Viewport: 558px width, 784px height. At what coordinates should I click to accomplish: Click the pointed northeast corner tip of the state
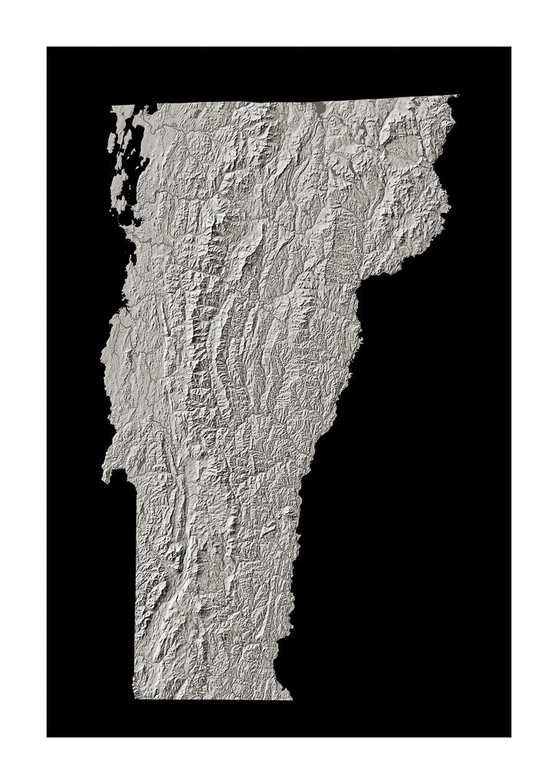(x=457, y=96)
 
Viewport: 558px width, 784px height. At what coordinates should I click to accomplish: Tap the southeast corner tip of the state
(x=291, y=698)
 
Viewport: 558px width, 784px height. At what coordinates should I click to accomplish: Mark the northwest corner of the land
(x=113, y=106)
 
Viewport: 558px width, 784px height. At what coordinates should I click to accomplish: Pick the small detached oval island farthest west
(x=110, y=142)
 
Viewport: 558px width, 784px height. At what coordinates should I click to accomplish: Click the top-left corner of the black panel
(x=48, y=47)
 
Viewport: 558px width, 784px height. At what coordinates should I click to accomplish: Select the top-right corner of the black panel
(x=510, y=47)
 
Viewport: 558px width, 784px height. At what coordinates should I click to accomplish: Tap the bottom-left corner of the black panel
(x=48, y=737)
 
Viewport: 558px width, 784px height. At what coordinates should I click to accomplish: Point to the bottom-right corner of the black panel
(x=510, y=737)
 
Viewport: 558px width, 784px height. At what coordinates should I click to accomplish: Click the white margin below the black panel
(x=279, y=761)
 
